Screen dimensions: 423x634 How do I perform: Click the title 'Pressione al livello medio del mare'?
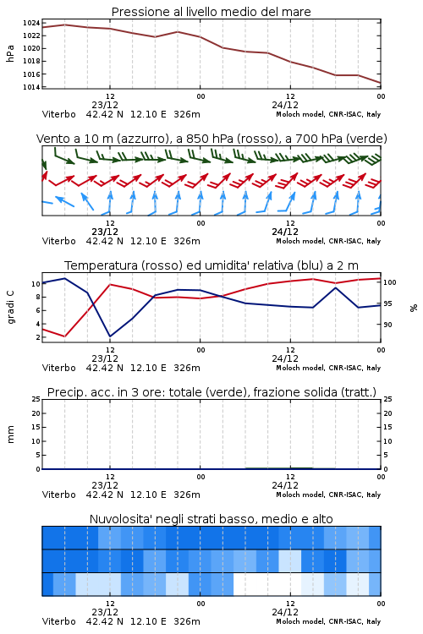tap(211, 12)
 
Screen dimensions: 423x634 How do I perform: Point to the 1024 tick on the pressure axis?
tap(31, 23)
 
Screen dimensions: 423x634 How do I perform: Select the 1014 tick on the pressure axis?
tap(31, 87)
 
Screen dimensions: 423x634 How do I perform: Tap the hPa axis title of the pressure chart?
tap(10, 53)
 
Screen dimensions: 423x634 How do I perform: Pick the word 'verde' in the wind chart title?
tap(368, 139)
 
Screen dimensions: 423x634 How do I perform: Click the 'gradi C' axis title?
tap(10, 308)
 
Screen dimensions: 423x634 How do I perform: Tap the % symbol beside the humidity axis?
tap(414, 308)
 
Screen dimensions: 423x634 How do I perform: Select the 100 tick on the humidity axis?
tap(390, 282)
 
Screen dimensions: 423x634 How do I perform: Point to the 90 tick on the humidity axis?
tap(387, 325)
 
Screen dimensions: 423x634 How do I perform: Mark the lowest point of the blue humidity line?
tap(110, 336)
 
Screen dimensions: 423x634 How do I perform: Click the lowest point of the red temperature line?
tap(65, 336)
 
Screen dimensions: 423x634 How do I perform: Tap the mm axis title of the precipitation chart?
tap(10, 435)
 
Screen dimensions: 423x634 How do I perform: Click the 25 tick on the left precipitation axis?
tap(36, 399)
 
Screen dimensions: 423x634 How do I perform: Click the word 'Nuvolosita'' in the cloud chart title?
tap(117, 519)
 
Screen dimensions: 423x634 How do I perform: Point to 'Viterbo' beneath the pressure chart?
tap(59, 114)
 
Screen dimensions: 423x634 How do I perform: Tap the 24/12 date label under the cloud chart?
tap(285, 612)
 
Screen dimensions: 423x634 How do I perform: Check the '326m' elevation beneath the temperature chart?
tap(187, 368)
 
